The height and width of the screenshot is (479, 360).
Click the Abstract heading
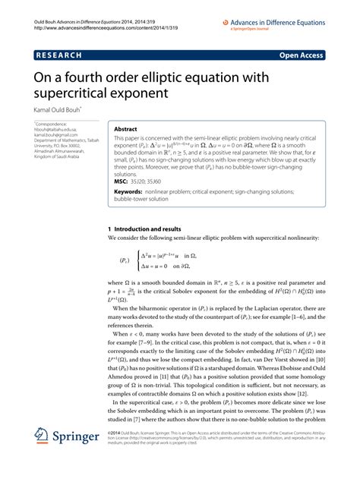(x=126, y=128)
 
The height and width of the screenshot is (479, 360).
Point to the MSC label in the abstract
(x=119, y=182)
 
